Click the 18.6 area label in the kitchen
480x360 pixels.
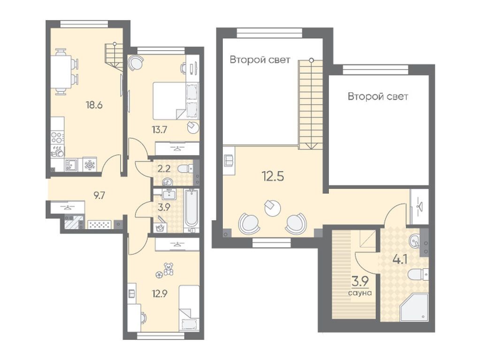pos(94,105)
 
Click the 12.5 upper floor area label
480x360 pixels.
pos(273,177)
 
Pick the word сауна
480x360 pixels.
pos(360,293)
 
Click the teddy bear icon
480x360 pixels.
pos(168,269)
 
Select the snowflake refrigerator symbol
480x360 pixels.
pos(89,165)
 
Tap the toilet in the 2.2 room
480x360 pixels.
pos(187,167)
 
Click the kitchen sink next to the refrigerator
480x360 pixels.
pos(71,165)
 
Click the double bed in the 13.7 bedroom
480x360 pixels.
pos(169,100)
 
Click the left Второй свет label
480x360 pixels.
pos(259,60)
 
